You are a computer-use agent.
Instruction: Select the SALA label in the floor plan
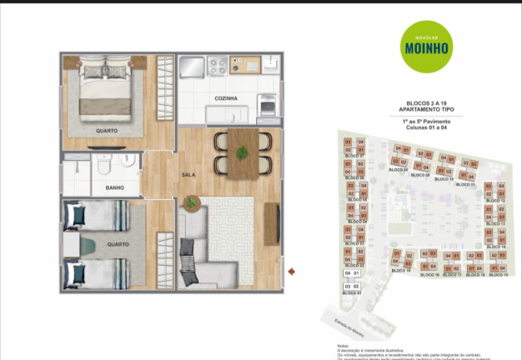[188, 175]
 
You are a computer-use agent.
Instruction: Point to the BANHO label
[115, 188]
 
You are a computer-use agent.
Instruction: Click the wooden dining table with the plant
[243, 152]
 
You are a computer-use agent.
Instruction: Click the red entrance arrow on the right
[291, 271]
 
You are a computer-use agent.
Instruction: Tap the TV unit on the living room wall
[272, 223]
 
